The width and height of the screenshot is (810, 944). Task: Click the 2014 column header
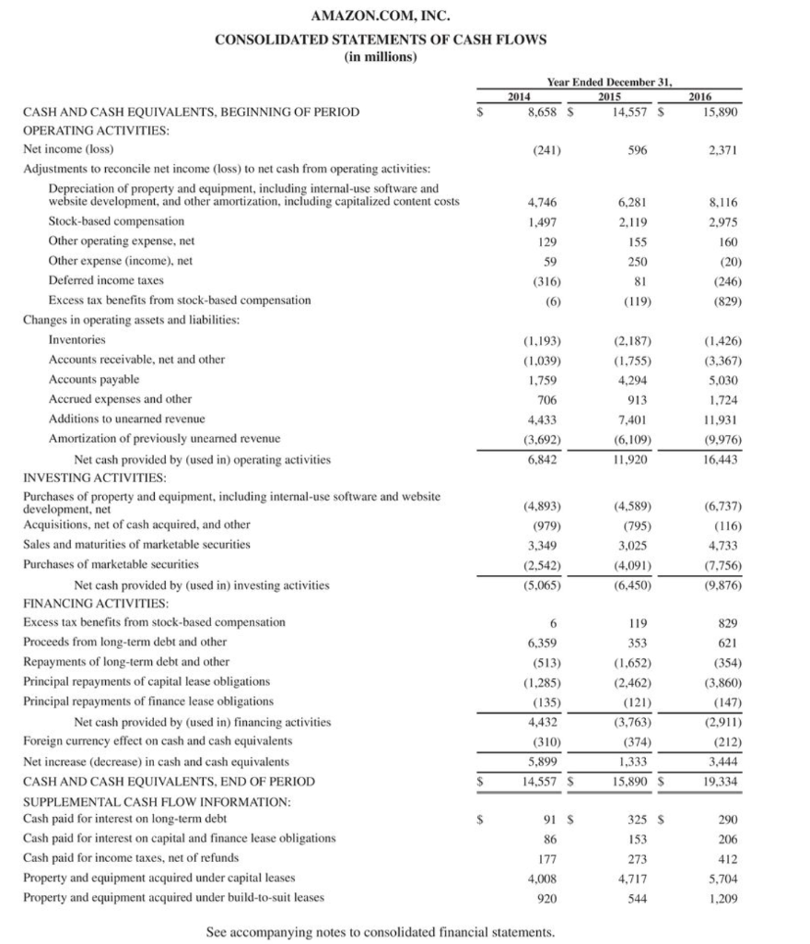click(x=522, y=96)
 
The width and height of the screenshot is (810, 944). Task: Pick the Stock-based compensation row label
click(x=116, y=221)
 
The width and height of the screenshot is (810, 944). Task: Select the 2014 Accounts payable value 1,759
click(x=545, y=379)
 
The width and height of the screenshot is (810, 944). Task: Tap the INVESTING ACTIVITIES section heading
click(x=95, y=477)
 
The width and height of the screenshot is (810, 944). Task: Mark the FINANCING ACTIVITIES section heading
click(x=96, y=603)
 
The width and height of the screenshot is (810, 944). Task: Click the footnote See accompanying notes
click(x=381, y=932)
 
